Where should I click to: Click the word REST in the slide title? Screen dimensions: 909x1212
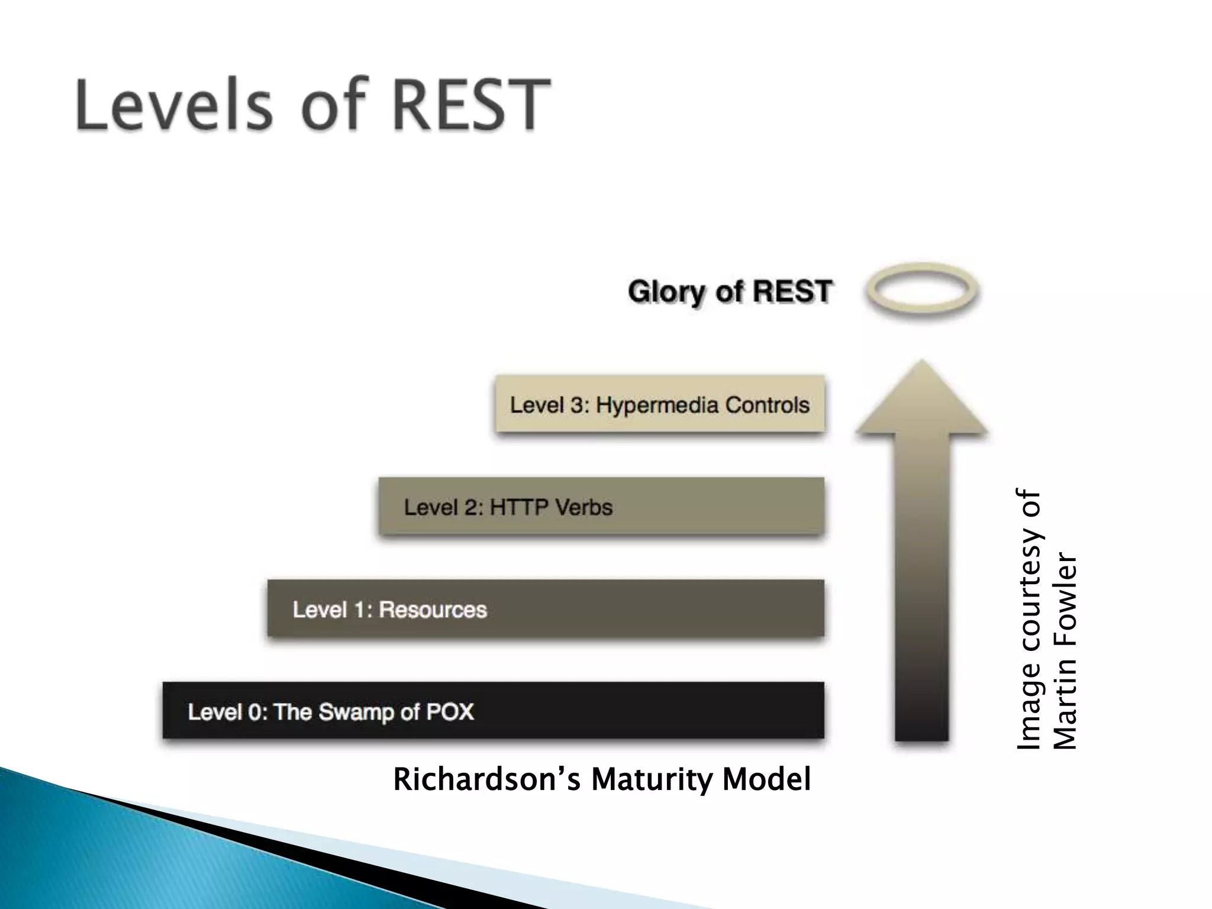[x=470, y=105]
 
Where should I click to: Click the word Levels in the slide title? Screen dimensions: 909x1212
[x=175, y=105]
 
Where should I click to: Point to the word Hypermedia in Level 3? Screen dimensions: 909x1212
[x=657, y=405]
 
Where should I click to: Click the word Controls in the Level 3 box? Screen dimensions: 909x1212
[x=768, y=405]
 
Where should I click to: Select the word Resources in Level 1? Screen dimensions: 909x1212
[x=433, y=610]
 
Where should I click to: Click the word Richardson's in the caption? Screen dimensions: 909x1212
[x=486, y=780]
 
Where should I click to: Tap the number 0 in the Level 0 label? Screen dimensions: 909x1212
[x=254, y=711]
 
